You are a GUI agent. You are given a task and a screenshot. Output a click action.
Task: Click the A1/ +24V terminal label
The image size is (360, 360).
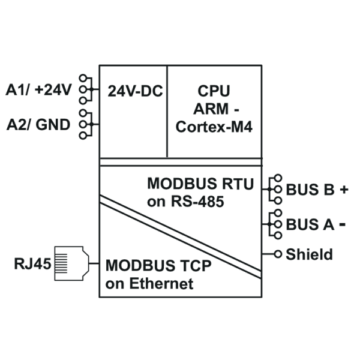pyautogui.click(x=38, y=89)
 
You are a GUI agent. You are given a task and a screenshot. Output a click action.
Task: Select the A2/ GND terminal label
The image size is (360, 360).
pyautogui.click(x=38, y=125)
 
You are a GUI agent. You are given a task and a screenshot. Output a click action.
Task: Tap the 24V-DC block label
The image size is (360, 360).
pyautogui.click(x=135, y=91)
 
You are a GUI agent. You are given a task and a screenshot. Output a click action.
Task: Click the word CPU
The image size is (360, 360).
pyautogui.click(x=214, y=91)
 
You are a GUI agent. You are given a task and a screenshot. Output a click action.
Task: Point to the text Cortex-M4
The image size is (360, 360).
pyautogui.click(x=214, y=127)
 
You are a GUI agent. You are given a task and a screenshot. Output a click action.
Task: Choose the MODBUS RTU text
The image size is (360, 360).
pyautogui.click(x=200, y=184)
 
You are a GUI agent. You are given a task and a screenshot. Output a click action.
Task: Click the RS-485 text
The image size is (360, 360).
pyautogui.click(x=197, y=202)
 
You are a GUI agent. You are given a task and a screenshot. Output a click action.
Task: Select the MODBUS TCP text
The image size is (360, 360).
pyautogui.click(x=158, y=266)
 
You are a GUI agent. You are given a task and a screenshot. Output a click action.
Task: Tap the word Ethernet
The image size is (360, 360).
pyautogui.click(x=161, y=284)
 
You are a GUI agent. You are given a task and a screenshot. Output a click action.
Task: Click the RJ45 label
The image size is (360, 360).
pyautogui.click(x=32, y=263)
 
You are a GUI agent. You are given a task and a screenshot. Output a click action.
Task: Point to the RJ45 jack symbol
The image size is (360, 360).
pyautogui.click(x=71, y=263)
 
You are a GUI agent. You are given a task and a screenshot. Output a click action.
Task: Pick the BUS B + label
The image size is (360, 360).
pyautogui.click(x=317, y=190)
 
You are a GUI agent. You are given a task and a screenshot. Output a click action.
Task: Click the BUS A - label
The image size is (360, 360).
pyautogui.click(x=316, y=224)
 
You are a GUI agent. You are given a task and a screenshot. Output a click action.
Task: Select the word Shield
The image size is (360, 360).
pyautogui.click(x=309, y=254)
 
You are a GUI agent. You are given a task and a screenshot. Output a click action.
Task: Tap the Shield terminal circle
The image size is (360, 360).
pyautogui.click(x=278, y=254)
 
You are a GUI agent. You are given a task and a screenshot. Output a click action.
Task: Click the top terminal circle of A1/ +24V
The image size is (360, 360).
pyautogui.click(x=83, y=78)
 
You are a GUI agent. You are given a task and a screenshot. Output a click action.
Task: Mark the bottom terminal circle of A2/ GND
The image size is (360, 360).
pyautogui.click(x=83, y=136)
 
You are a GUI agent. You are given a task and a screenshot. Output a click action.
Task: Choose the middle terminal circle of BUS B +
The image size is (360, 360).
pyautogui.click(x=278, y=190)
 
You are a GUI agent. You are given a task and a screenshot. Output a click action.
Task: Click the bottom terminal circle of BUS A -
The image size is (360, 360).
pyautogui.click(x=278, y=236)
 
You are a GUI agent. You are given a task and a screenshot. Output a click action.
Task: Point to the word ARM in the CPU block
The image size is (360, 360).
pyautogui.click(x=211, y=109)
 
